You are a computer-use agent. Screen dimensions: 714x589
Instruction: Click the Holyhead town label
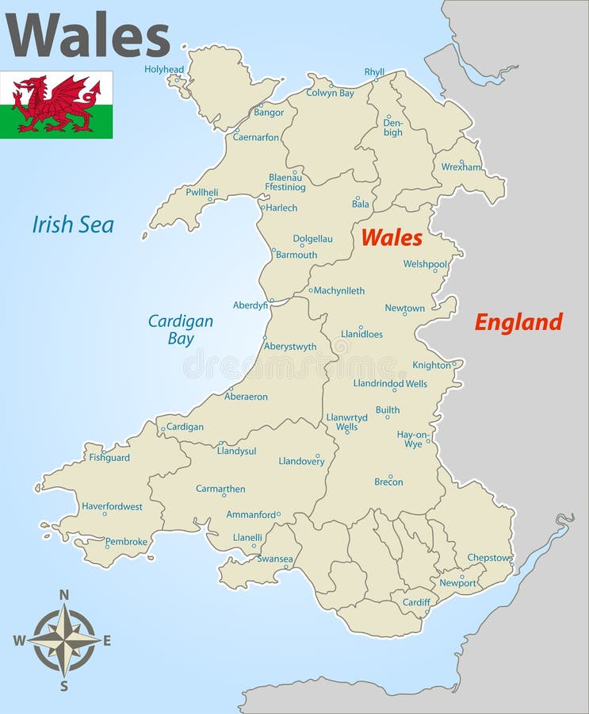(163, 69)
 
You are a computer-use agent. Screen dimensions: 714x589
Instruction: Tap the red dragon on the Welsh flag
(56, 103)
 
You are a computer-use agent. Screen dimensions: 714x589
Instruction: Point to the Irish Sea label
(73, 225)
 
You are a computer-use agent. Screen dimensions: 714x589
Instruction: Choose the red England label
(518, 322)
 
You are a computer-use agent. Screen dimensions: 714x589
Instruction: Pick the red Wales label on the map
(392, 237)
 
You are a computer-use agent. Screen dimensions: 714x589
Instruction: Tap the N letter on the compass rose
(65, 594)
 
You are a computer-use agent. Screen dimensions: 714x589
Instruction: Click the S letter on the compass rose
(65, 686)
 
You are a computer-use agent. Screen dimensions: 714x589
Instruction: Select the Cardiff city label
(415, 602)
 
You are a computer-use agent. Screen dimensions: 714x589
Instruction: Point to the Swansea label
(275, 559)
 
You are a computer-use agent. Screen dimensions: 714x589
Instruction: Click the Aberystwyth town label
(290, 347)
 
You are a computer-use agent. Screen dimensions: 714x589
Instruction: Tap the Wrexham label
(461, 167)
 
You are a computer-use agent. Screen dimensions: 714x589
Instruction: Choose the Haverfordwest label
(112, 506)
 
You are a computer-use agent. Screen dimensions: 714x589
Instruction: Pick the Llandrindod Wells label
(390, 384)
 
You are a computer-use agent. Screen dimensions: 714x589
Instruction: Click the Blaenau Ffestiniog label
(286, 182)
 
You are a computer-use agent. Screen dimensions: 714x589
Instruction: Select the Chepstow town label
(488, 558)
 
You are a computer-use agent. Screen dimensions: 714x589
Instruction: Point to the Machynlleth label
(339, 291)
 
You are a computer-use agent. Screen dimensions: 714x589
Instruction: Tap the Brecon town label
(388, 482)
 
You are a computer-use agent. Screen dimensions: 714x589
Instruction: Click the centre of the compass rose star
(65, 639)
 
